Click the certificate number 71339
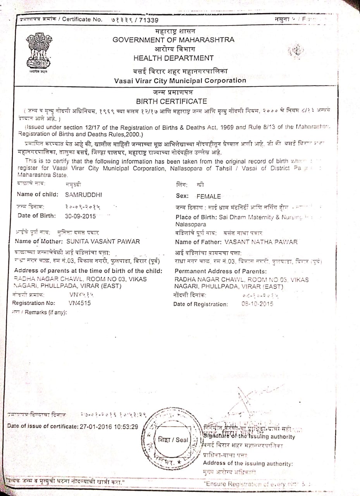148,20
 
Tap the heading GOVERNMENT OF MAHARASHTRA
173,40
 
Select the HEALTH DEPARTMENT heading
173,58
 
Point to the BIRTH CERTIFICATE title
171,101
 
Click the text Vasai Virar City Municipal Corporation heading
180,81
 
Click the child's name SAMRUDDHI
83,195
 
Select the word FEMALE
208,196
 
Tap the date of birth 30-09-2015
80,216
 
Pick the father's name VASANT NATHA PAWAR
261,242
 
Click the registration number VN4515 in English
80,303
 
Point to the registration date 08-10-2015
257,304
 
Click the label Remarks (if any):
45,312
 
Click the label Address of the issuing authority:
248,463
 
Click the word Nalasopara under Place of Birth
191,224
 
